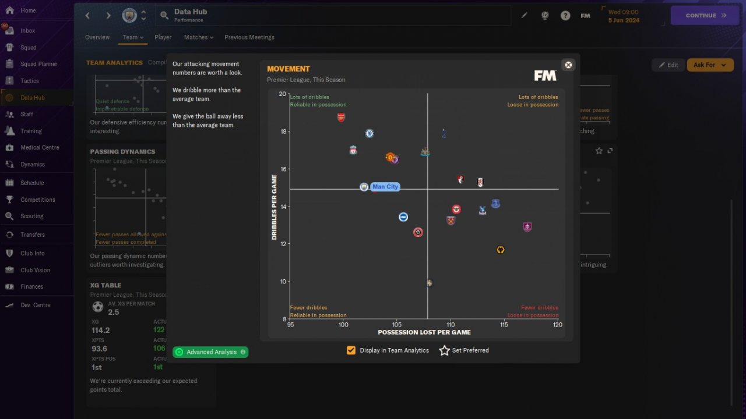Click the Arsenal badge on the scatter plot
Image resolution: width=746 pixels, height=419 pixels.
341,118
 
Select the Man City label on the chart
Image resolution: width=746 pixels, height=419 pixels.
385,187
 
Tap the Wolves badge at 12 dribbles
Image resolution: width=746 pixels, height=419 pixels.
500,250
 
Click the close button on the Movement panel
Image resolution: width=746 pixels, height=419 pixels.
568,65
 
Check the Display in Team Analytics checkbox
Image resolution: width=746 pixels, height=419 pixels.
351,350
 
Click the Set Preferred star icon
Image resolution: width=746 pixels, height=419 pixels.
444,350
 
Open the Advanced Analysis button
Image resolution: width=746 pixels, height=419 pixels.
210,352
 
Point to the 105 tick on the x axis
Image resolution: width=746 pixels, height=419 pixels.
396,325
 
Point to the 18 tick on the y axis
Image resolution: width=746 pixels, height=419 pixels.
283,132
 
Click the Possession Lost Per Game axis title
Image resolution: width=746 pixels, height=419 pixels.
424,332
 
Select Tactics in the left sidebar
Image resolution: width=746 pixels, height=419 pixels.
30,81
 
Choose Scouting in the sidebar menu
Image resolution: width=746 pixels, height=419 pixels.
32,216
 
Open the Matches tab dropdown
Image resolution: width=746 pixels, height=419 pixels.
198,37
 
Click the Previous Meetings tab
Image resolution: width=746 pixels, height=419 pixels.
249,37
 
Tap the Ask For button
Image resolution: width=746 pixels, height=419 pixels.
710,65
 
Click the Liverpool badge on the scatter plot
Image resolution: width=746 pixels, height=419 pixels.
353,150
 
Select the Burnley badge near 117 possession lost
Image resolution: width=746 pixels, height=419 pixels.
527,228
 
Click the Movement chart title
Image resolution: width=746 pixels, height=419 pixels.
288,69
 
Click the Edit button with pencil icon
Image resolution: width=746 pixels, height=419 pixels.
668,65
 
